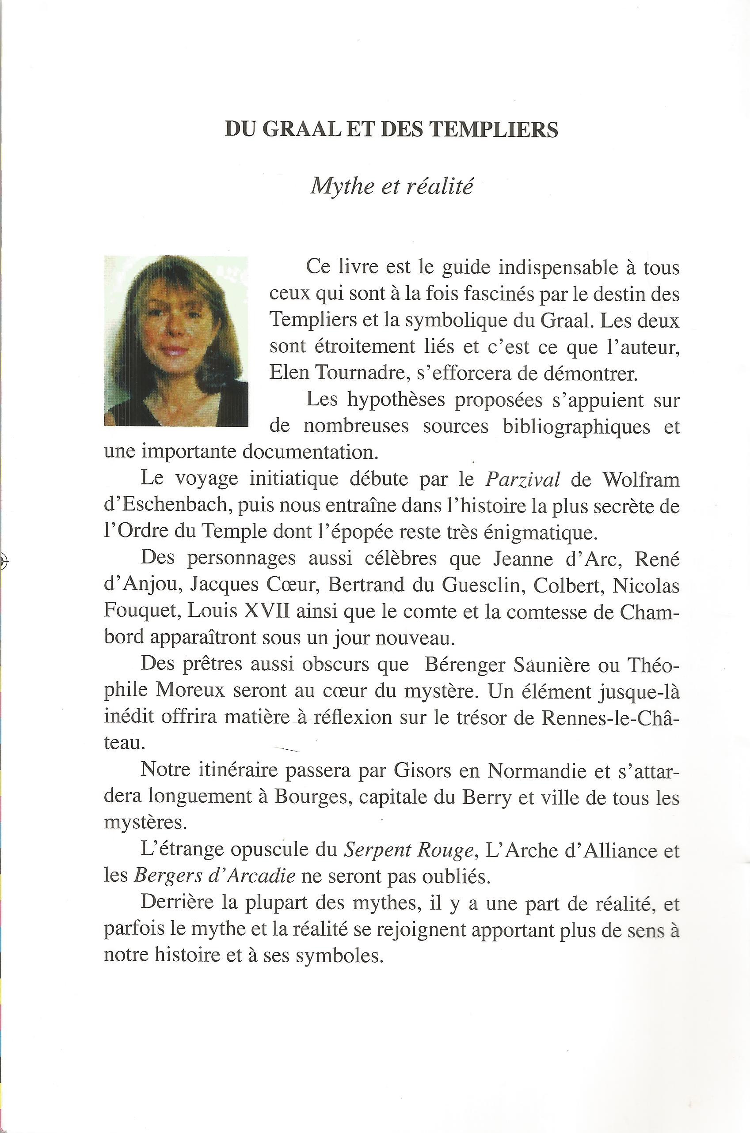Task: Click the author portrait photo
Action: click(x=175, y=341)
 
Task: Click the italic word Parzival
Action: click(x=522, y=479)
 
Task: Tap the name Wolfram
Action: click(x=641, y=479)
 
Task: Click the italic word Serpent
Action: click(x=374, y=850)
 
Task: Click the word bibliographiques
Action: click(x=576, y=426)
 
